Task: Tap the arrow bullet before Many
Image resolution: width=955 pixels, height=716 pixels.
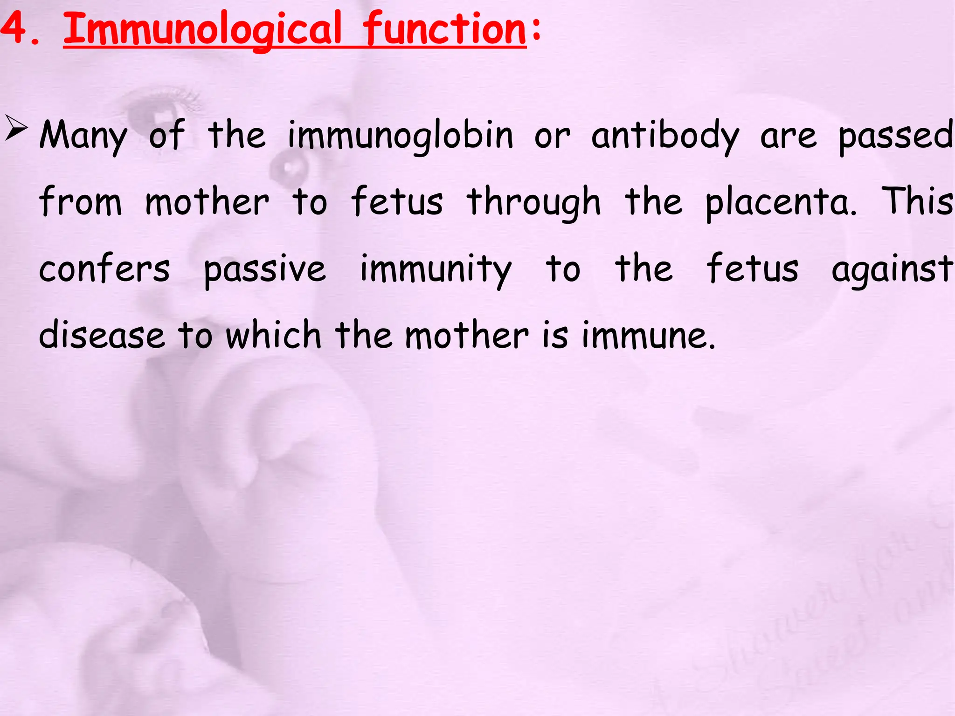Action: tap(16, 129)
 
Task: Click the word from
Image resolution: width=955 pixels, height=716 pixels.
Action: tap(80, 201)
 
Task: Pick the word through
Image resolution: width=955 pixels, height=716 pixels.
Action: tap(533, 202)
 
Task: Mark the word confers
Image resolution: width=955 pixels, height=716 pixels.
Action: tap(104, 268)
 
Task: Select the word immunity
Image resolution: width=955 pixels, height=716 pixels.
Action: tap(436, 269)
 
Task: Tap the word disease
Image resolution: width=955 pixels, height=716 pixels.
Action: tap(102, 335)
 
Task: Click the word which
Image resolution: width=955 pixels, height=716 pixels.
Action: tap(273, 335)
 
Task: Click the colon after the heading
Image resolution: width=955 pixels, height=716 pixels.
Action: tap(536, 29)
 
